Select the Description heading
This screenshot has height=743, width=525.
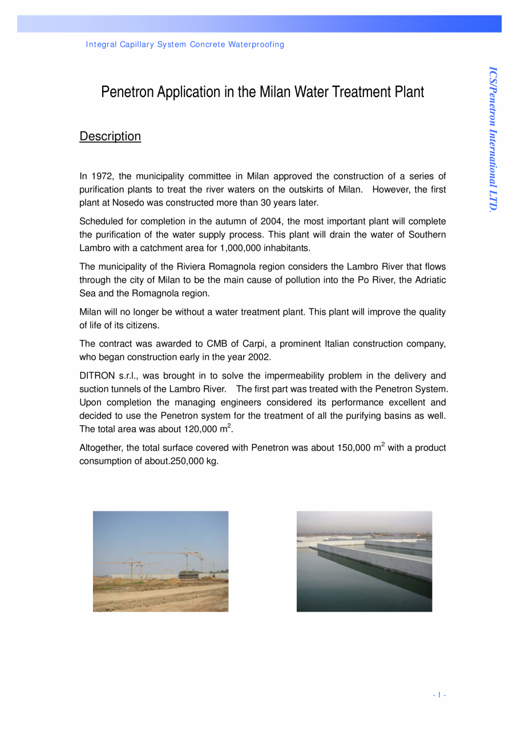point(110,136)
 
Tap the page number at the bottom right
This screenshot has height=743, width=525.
point(439,695)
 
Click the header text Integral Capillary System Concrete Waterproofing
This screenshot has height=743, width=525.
point(185,45)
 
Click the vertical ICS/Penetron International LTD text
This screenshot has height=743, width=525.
point(494,139)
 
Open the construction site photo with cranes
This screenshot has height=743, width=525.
point(160,561)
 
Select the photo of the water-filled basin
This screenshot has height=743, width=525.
point(364,561)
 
